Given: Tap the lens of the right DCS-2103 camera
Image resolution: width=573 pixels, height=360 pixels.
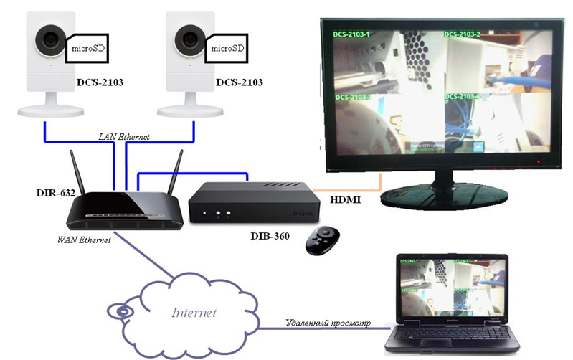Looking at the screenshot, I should tap(189, 37).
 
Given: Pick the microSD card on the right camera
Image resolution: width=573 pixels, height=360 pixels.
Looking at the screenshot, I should tap(228, 48).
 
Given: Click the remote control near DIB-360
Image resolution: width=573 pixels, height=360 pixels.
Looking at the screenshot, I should tap(323, 244).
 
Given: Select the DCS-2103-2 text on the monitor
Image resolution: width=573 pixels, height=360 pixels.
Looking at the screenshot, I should tap(463, 34).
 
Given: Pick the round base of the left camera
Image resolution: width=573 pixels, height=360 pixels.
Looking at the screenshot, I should tap(51, 110).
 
